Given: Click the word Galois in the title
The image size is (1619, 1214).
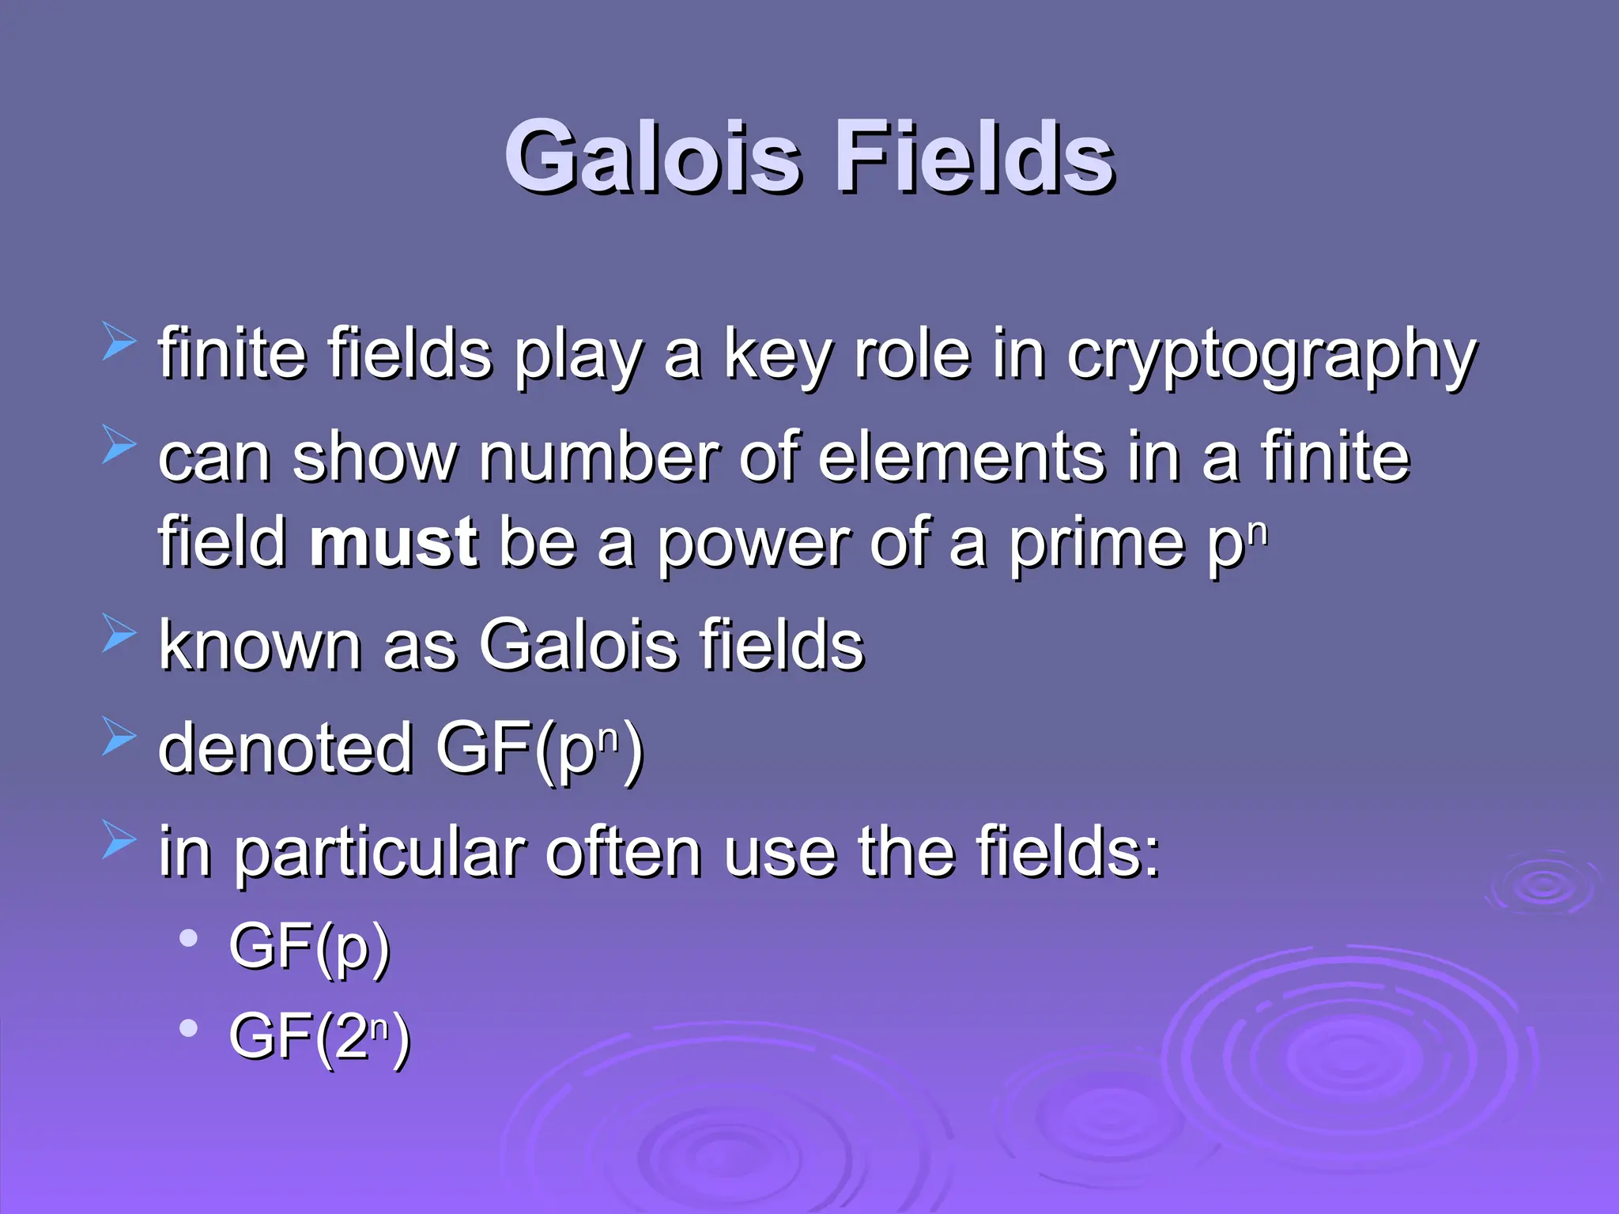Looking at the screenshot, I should click(x=652, y=156).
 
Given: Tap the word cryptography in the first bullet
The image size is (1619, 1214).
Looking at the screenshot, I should click(x=1271, y=356).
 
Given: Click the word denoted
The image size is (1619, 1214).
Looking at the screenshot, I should click(x=285, y=748).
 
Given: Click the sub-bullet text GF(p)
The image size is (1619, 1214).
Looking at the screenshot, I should click(x=309, y=947).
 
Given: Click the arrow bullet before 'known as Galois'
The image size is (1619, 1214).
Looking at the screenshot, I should click(x=119, y=634).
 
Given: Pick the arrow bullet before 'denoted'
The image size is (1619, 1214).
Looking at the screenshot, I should click(x=119, y=737).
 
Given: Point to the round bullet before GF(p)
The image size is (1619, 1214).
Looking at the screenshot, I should click(x=188, y=939).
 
